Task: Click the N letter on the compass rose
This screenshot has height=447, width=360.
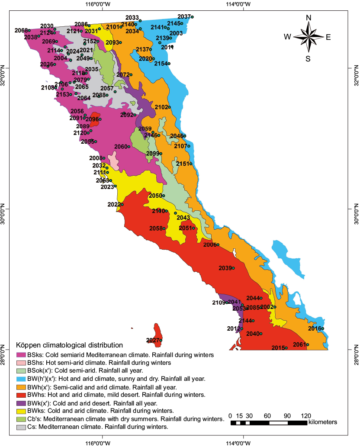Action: click(309, 18)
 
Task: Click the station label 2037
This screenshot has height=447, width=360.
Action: click(184, 16)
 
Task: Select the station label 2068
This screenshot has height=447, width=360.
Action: click(21, 30)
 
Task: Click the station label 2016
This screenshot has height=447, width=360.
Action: click(315, 328)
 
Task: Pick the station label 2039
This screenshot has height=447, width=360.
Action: click(225, 268)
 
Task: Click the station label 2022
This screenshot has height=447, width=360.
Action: click(114, 204)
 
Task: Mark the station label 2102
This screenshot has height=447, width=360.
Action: click(161, 107)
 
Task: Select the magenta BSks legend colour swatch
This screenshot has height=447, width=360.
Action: click(20, 355)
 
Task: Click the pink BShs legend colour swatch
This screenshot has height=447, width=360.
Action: click(20, 363)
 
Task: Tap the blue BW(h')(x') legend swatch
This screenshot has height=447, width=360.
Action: click(20, 379)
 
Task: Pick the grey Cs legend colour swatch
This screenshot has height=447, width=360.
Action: click(20, 427)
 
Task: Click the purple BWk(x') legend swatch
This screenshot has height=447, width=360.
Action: click(20, 403)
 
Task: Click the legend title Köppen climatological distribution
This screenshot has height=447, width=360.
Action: click(69, 345)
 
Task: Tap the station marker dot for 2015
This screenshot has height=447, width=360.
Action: click(286, 348)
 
